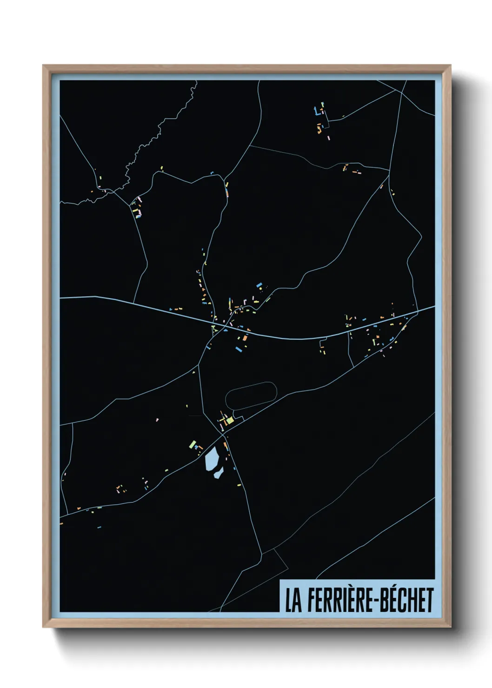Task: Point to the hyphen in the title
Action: click(376, 601)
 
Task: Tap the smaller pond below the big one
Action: click(218, 473)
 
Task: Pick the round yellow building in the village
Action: click(260, 288)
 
